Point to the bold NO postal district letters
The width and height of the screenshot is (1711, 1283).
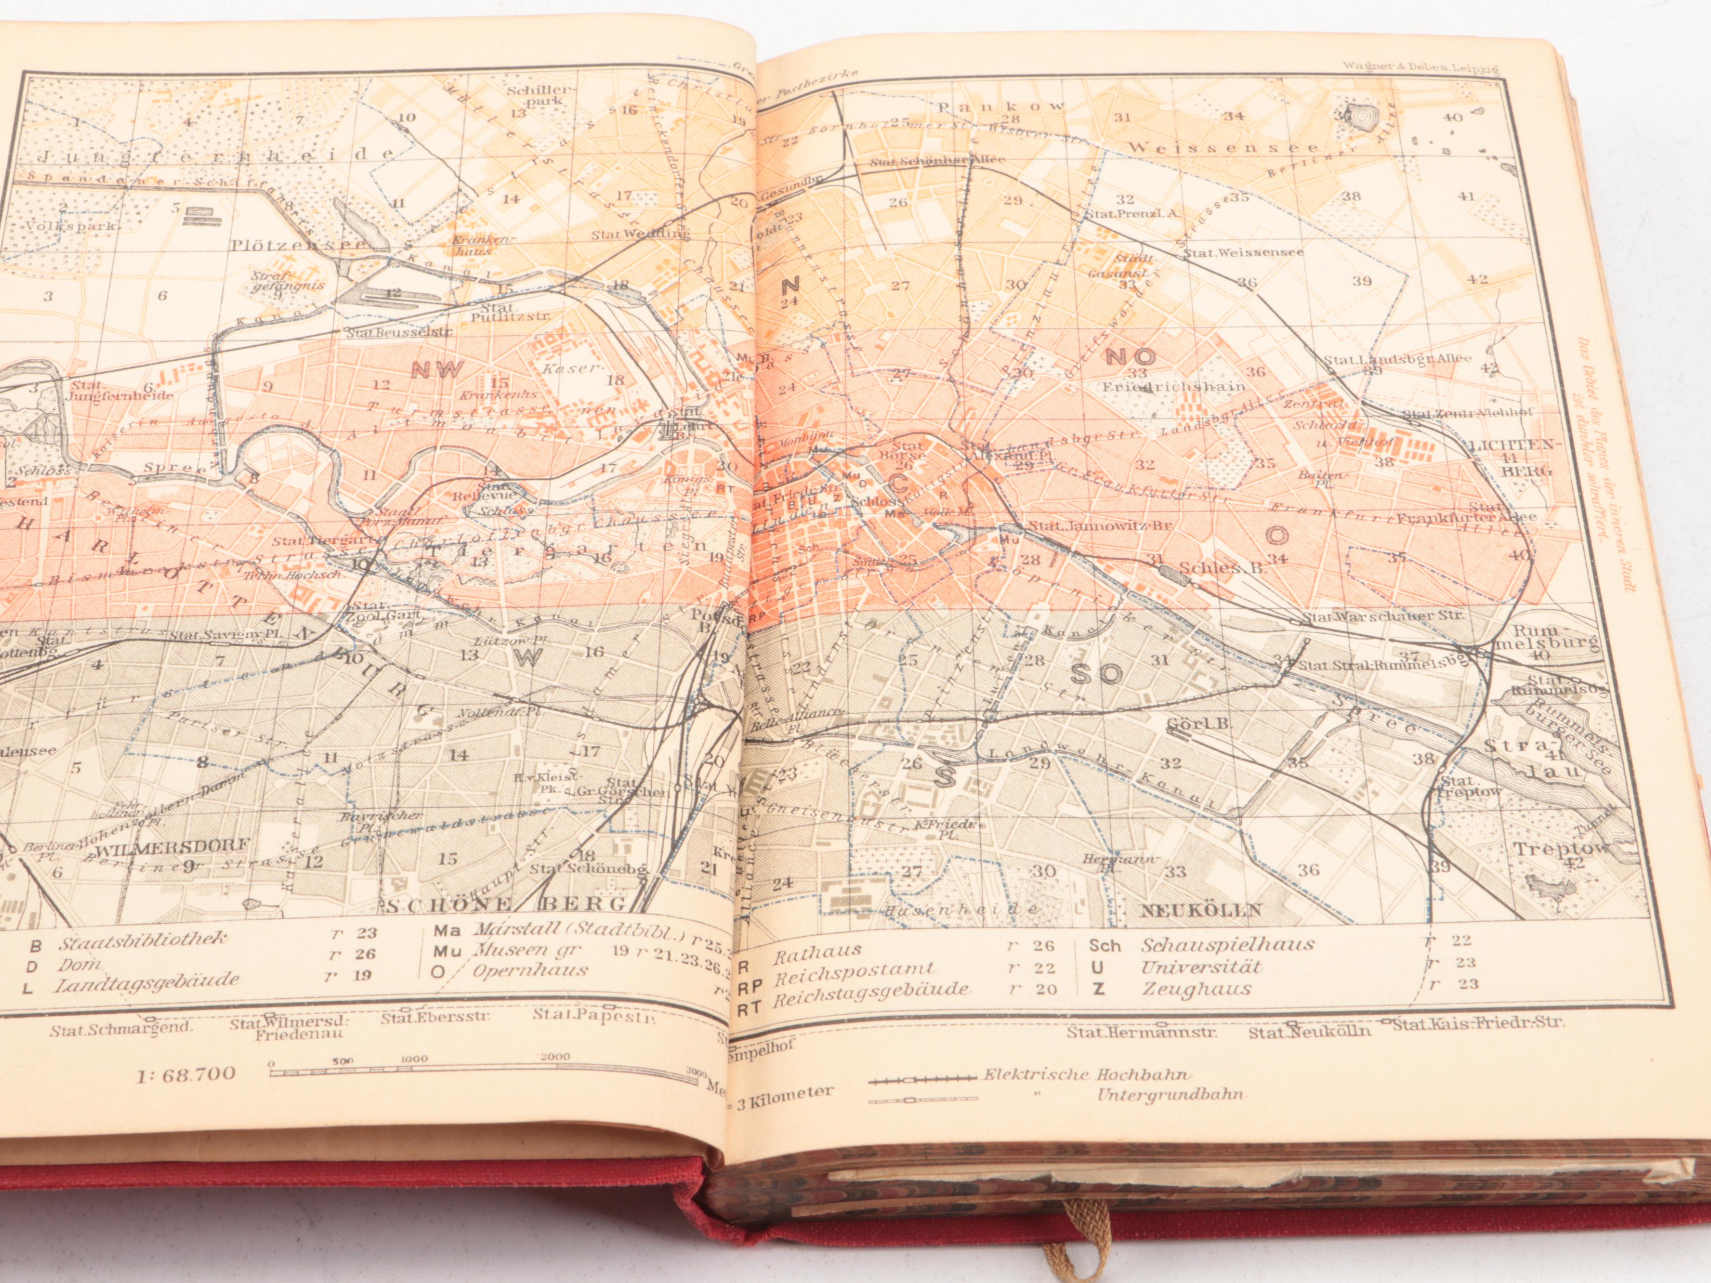(1132, 356)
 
